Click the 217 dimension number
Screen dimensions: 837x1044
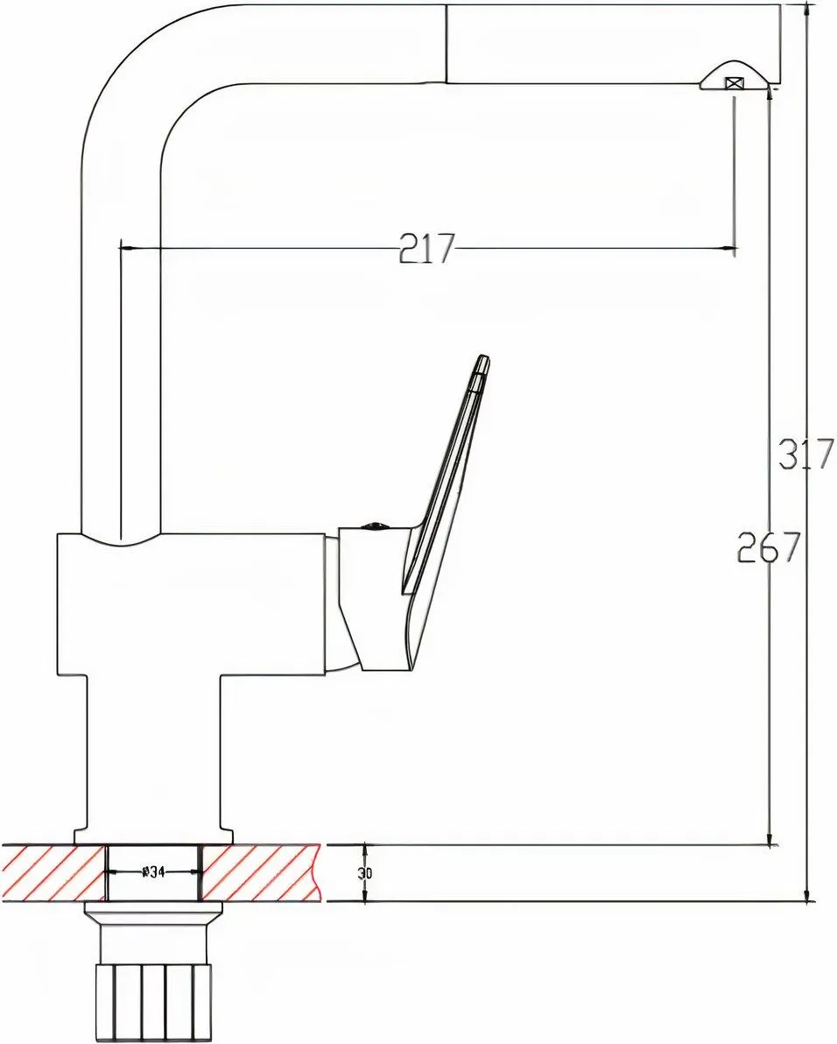coord(427,249)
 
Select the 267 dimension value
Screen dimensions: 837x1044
coord(769,548)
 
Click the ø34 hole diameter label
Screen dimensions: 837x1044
coord(154,872)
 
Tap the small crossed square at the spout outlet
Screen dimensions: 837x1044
coord(735,83)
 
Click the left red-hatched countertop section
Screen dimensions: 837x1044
coord(53,873)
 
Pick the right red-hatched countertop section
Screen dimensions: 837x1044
coord(261,873)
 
